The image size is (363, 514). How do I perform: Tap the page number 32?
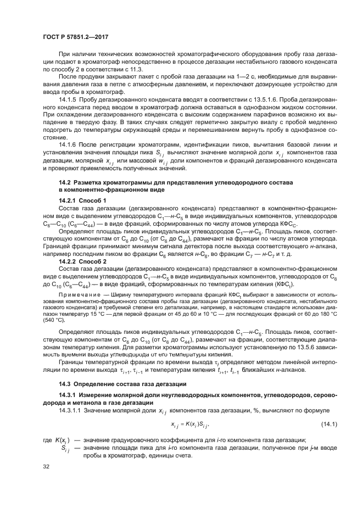[x=47, y=466]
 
